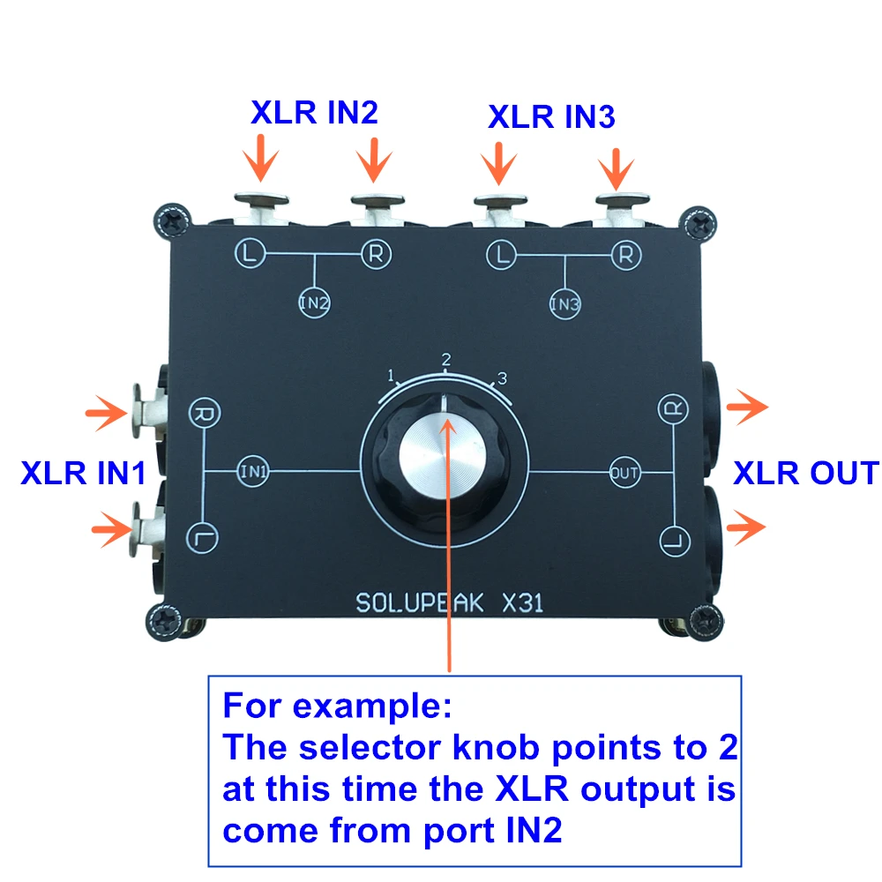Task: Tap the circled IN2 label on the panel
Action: tap(315, 303)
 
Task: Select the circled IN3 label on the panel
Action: tap(564, 303)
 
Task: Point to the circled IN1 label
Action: tap(253, 471)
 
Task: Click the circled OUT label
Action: tap(625, 473)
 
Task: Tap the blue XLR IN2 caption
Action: tap(315, 113)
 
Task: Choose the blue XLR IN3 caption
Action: tap(551, 117)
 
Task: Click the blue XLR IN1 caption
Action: tap(83, 473)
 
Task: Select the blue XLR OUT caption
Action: tap(806, 473)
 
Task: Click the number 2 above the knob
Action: tap(446, 360)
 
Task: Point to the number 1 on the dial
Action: tap(391, 375)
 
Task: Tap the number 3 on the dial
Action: tap(503, 378)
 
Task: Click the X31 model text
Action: tap(522, 603)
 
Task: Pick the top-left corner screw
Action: tap(172, 221)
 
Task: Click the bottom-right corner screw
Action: tap(703, 622)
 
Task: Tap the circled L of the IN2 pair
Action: tap(250, 253)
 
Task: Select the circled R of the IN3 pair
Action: tap(626, 256)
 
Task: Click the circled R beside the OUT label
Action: tap(673, 408)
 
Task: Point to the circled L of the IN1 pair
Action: tap(202, 538)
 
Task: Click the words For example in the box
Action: tap(337, 706)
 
